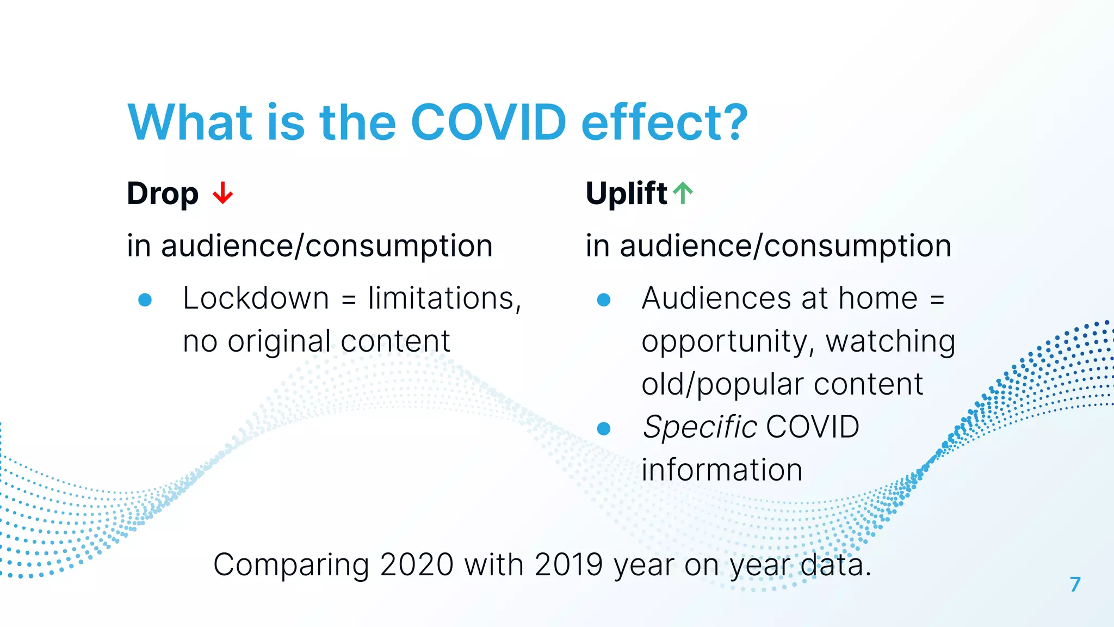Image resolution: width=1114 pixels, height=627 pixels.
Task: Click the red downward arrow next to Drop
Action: (222, 193)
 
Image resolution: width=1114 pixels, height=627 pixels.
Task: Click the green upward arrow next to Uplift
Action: (683, 193)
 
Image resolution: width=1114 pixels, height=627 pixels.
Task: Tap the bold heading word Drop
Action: (163, 194)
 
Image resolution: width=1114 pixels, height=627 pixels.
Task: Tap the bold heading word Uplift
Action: (626, 193)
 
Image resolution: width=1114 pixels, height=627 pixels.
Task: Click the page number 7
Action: (1075, 585)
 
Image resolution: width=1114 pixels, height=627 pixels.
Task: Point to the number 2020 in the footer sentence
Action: (417, 564)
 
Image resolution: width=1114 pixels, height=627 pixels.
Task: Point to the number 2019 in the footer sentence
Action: (569, 564)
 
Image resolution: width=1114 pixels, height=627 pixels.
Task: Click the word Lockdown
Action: (256, 298)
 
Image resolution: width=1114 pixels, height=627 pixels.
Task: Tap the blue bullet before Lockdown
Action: (145, 300)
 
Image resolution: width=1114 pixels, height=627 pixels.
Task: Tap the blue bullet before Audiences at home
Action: (604, 300)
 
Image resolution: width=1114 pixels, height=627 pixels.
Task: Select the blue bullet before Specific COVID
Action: (604, 429)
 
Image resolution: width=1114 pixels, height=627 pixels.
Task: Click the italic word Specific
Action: (700, 427)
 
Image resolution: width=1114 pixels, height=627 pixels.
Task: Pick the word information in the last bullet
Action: (722, 470)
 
